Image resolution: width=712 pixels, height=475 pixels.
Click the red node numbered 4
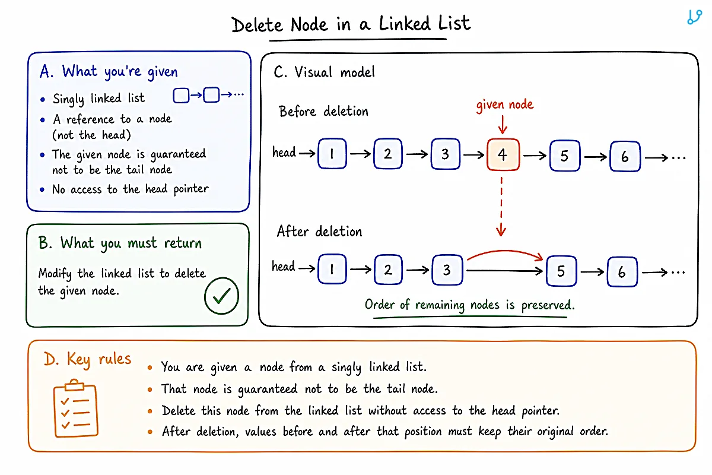tap(503, 154)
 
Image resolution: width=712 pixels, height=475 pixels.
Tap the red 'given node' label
tap(505, 105)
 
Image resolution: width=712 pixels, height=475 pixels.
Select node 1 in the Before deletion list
tap(332, 153)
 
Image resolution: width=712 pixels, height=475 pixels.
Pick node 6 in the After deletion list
tap(622, 272)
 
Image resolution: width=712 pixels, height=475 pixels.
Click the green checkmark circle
tap(221, 296)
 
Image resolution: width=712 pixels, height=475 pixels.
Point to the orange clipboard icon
tap(76, 408)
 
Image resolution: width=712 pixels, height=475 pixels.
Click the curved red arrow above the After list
tap(505, 251)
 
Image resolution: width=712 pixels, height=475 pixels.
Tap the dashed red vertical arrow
tap(501, 207)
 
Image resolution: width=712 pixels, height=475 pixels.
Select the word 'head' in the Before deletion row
tap(284, 152)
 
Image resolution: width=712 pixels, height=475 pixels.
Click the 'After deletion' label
tap(319, 232)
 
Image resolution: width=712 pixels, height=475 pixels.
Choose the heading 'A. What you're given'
tap(109, 72)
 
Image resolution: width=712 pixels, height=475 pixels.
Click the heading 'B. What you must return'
tap(120, 243)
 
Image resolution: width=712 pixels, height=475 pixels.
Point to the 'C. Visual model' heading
tap(324, 72)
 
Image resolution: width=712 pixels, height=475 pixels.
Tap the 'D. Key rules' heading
tap(87, 359)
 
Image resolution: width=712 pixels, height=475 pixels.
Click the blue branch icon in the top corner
tap(694, 17)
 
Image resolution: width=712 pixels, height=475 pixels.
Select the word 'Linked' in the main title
tap(405, 24)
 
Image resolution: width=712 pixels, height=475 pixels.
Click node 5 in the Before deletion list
tap(565, 156)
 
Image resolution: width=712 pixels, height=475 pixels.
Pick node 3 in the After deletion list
tap(447, 270)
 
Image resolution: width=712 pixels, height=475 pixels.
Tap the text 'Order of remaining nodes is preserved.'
tap(470, 305)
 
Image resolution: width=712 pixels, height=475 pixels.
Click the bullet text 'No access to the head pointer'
tap(131, 189)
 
